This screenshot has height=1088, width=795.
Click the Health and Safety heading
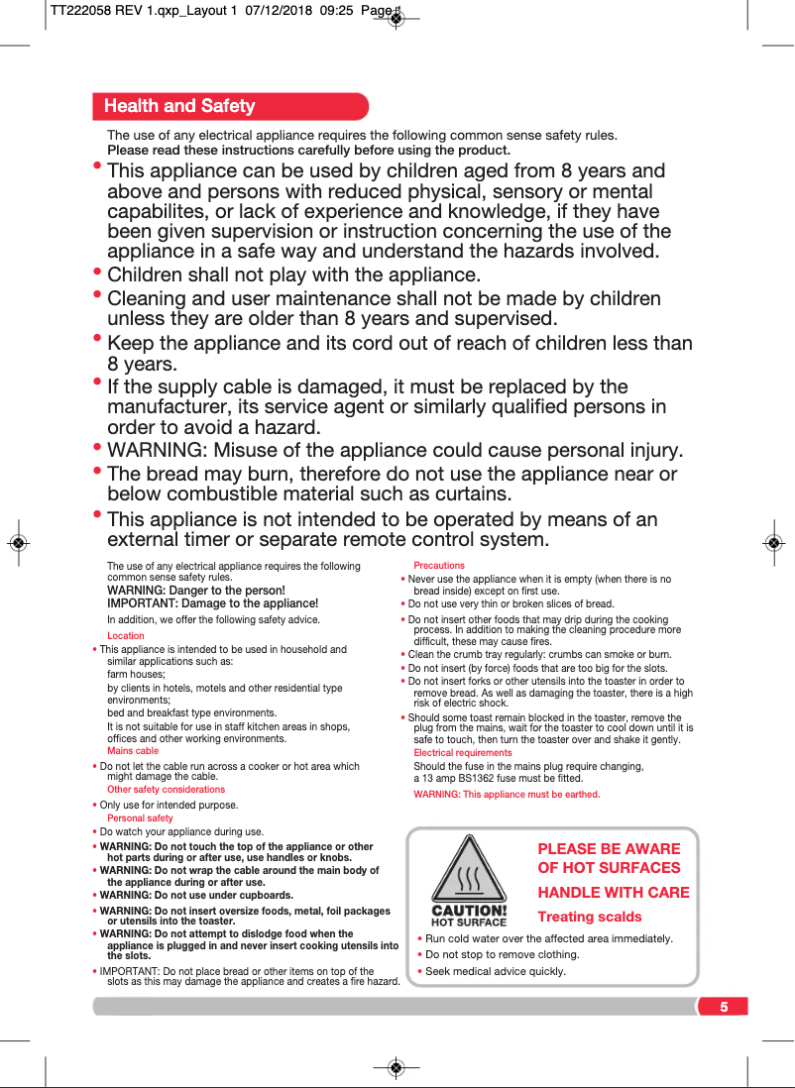tap(179, 106)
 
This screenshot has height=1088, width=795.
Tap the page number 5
tap(724, 1007)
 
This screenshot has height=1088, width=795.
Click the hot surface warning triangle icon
tap(469, 871)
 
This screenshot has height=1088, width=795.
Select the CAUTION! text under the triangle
tap(469, 911)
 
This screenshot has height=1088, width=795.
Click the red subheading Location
tap(126, 636)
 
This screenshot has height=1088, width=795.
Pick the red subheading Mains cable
tap(133, 751)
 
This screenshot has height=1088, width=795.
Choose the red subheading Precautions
tap(439, 566)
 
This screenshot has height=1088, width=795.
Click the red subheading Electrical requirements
tap(463, 753)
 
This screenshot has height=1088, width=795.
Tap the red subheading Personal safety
tap(140, 818)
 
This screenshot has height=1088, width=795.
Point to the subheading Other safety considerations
tap(166, 790)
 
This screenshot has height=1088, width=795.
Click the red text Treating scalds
tap(590, 917)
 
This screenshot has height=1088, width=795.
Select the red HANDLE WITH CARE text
tap(614, 892)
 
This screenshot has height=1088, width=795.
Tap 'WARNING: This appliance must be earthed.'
tap(507, 795)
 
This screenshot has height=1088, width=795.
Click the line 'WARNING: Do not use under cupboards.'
tap(196, 895)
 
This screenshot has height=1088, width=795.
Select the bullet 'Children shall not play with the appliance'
tap(293, 274)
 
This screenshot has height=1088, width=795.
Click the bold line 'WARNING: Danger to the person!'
tap(196, 591)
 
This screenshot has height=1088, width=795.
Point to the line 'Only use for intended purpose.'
tap(169, 805)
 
